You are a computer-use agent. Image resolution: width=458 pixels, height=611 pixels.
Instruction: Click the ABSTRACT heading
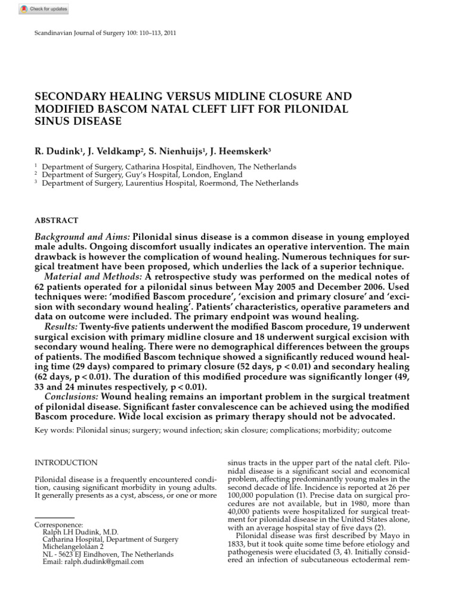[x=57, y=220]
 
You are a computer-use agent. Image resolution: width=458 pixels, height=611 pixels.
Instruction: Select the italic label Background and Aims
[x=82, y=237]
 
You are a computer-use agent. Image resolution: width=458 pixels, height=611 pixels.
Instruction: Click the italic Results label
[x=61, y=328]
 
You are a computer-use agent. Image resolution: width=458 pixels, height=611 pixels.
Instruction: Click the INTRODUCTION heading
[x=66, y=462]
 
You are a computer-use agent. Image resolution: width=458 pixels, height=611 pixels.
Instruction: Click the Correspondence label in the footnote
[x=59, y=524]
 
